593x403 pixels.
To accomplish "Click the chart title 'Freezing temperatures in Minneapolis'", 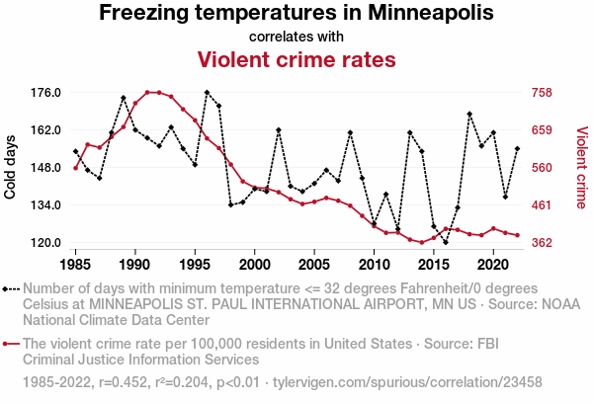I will coord(296,14).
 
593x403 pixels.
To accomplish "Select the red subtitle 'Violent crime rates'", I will coord(296,59).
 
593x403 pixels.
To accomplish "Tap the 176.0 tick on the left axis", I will coord(46,93).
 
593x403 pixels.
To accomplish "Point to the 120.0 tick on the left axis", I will coord(46,243).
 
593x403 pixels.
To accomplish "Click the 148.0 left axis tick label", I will coord(46,168).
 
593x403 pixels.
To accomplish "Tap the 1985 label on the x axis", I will coord(76,265).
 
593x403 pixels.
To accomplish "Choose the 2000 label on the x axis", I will coord(255,265).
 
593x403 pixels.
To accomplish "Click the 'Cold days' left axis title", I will coord(11,168).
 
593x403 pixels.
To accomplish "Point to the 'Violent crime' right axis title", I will coord(581,168).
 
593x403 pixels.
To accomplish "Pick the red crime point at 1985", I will coord(76,168).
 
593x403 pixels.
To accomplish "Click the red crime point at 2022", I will coord(517,235).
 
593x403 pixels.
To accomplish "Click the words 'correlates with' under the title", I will coord(296,37).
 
